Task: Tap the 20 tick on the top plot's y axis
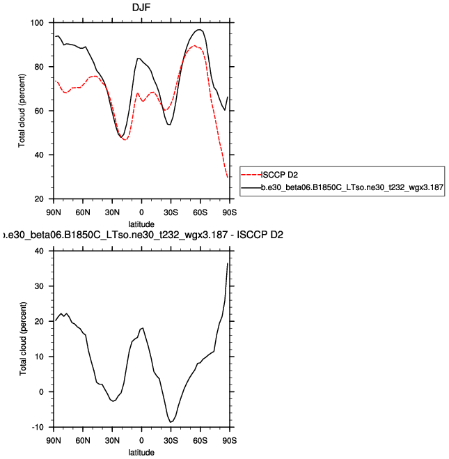pyautogui.click(x=40, y=199)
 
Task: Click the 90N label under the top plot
pyautogui.click(x=54, y=211)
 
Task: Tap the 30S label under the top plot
pyautogui.click(x=171, y=211)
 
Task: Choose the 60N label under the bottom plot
pyautogui.click(x=83, y=441)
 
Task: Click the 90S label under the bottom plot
pyautogui.click(x=229, y=441)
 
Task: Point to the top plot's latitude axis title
pyautogui.click(x=141, y=223)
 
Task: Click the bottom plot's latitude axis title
pyautogui.click(x=141, y=452)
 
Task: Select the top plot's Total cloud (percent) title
pyautogui.click(x=23, y=111)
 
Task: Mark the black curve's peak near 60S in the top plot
pyautogui.click(x=200, y=30)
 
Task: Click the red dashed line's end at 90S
pyautogui.click(x=228, y=178)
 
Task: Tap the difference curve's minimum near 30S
pyautogui.click(x=170, y=422)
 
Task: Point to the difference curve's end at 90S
pyautogui.click(x=228, y=263)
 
